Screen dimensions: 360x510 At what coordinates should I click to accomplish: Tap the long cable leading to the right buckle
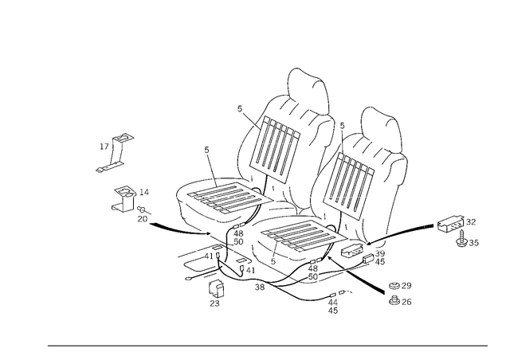414,232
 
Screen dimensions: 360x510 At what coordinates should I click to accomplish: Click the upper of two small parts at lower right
398,286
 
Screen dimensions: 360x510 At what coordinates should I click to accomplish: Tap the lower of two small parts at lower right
398,300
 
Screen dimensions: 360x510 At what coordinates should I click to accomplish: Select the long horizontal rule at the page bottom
267,345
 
